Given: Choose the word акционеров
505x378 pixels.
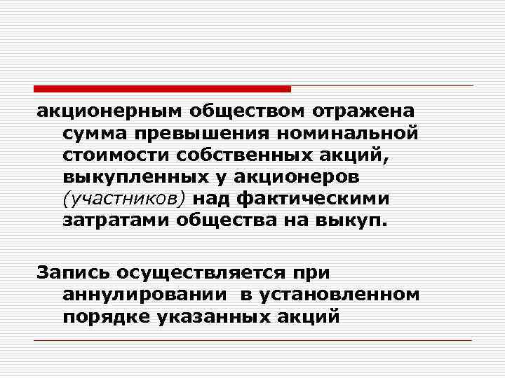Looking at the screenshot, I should click(x=302, y=178).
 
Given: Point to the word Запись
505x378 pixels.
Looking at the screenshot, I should click(x=71, y=273).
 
